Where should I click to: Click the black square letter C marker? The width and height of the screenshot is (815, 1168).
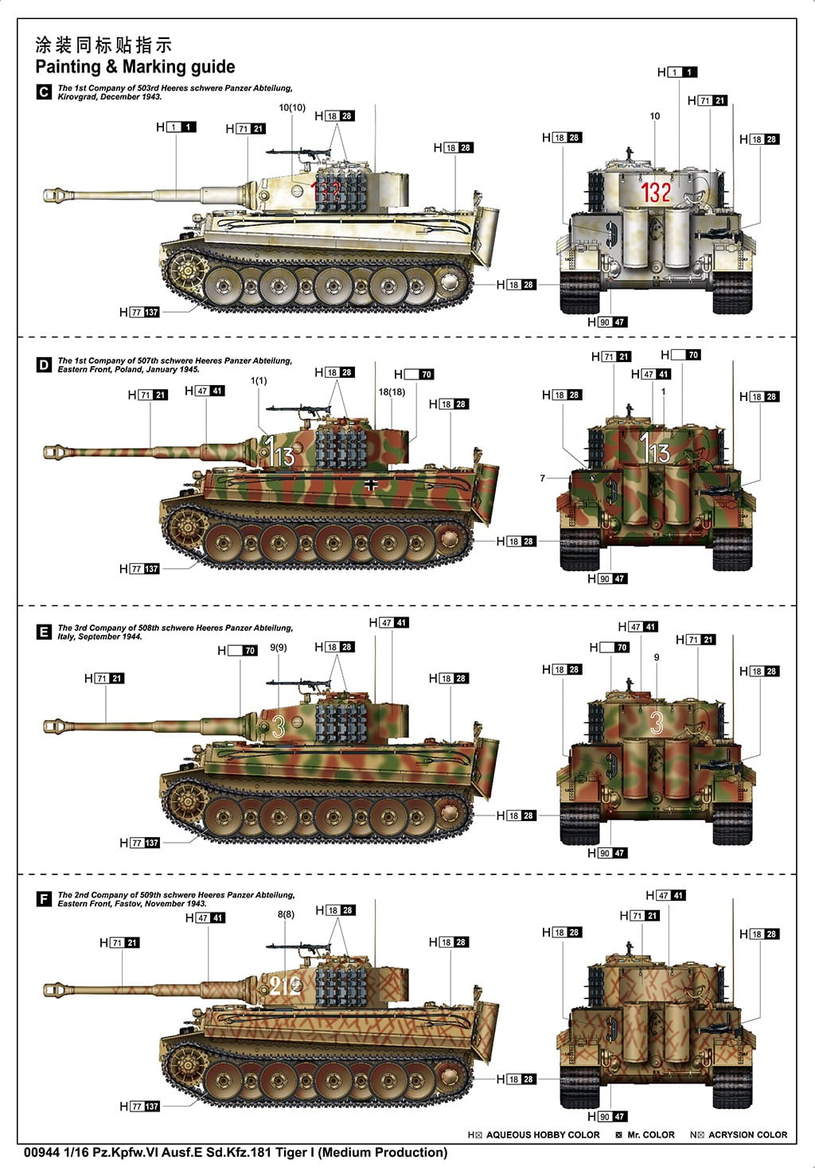[x=44, y=92]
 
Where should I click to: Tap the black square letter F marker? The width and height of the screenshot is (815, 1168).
[x=44, y=899]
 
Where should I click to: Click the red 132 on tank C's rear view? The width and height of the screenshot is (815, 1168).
[x=656, y=192]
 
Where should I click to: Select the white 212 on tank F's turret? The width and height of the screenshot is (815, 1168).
[x=285, y=985]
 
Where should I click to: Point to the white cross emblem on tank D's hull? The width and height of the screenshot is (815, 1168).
[x=371, y=485]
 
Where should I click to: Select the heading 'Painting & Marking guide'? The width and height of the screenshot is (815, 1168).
[x=135, y=67]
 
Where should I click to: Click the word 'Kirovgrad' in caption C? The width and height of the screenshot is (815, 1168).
[x=75, y=97]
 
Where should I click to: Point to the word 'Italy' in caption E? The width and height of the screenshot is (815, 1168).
[x=66, y=637]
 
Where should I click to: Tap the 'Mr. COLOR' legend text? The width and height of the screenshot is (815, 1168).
[x=651, y=1135]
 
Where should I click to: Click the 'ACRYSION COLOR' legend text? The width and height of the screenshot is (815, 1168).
[x=747, y=1135]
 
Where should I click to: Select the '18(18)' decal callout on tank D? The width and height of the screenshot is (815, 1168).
[x=392, y=392]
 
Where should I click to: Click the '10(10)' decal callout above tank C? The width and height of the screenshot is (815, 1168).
[x=292, y=107]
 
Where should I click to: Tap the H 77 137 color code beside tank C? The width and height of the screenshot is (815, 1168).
[x=139, y=312]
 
